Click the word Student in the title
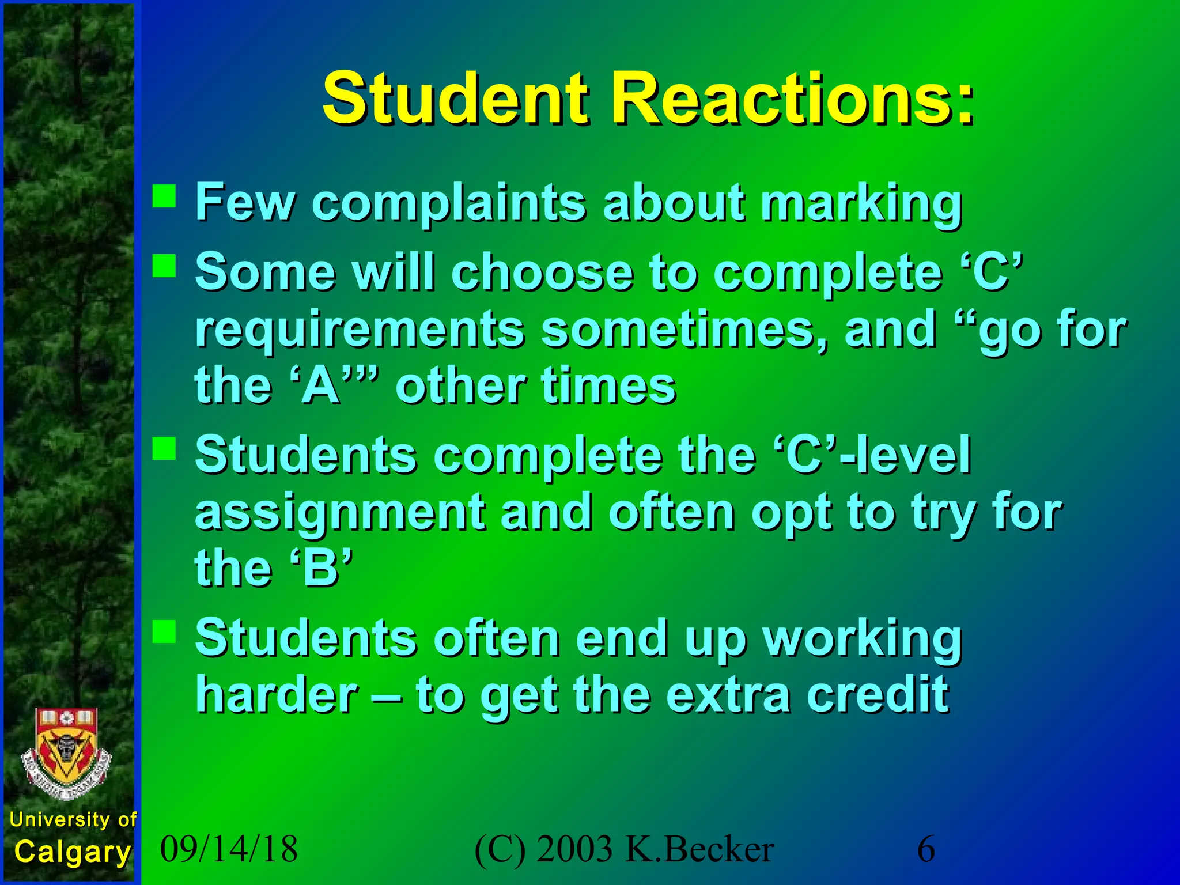(455, 99)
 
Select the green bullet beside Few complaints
(164, 195)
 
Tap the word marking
(861, 203)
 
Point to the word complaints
(449, 203)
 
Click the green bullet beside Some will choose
(164, 266)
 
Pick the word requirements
(360, 330)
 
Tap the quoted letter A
(321, 386)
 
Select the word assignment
(340, 512)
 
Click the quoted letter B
(321, 569)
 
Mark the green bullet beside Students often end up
(164, 631)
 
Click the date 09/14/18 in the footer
(229, 849)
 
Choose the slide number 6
(926, 849)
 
